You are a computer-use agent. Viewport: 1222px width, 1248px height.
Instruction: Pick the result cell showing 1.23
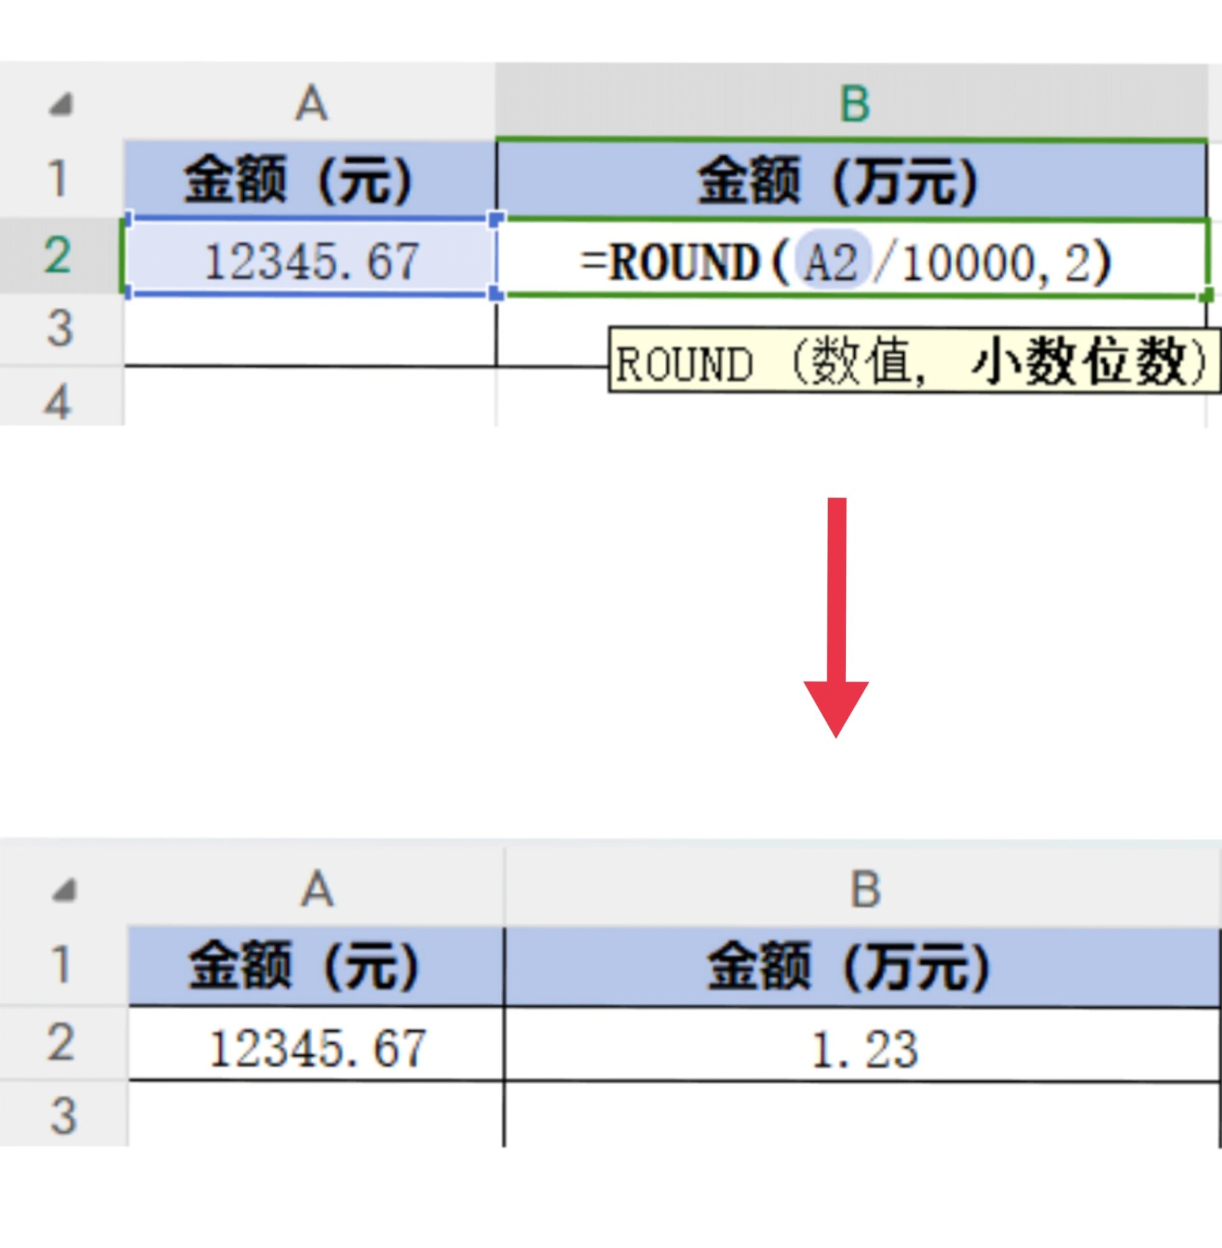pyautogui.click(x=864, y=1050)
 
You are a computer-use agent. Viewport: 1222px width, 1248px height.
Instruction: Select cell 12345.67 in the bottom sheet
pyautogui.click(x=317, y=1049)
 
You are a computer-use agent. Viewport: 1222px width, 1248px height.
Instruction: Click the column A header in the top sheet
pyautogui.click(x=311, y=104)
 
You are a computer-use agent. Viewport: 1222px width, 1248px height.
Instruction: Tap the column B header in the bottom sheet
pyautogui.click(x=864, y=890)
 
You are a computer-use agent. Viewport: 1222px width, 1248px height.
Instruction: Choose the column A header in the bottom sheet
pyautogui.click(x=317, y=890)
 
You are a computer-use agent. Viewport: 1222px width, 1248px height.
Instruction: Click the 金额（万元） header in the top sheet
pyautogui.click(x=838, y=180)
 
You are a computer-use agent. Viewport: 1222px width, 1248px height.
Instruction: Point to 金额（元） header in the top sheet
pyautogui.click(x=299, y=180)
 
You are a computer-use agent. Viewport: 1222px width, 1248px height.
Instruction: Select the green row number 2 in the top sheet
pyautogui.click(x=58, y=255)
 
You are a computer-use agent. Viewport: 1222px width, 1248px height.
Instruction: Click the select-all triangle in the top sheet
pyautogui.click(x=61, y=104)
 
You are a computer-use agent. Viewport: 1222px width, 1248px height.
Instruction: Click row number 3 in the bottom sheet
pyautogui.click(x=63, y=1115)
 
